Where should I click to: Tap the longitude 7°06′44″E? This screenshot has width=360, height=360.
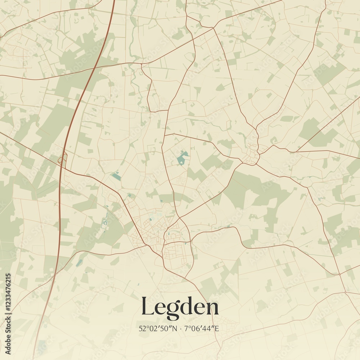pos(202,328)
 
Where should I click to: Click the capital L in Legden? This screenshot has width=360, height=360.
pos(149,307)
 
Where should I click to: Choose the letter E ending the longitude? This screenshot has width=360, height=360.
pos(217,328)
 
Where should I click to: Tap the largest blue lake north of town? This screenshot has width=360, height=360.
pos(183,158)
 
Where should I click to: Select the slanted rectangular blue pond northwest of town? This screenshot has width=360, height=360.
pos(116,176)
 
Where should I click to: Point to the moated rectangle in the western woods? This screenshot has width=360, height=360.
pos(105,223)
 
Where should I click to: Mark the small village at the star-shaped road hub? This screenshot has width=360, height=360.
pos(253,151)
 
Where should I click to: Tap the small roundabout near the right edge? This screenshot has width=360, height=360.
pos(339,274)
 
